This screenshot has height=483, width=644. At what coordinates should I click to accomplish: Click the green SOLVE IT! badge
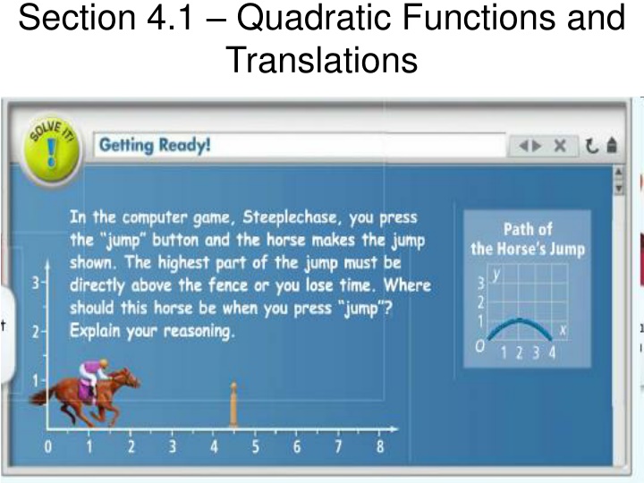pos(51,150)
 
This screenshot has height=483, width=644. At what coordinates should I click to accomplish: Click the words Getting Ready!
pos(155,146)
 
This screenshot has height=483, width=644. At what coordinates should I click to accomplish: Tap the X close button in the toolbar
pos(560,146)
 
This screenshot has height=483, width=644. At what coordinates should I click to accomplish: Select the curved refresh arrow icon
pos(591,146)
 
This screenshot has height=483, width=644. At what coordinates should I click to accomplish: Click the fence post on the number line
pos(233,404)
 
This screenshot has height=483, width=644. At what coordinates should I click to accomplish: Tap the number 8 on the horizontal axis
pos(380,446)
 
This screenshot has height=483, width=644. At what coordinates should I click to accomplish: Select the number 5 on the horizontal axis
pos(255,446)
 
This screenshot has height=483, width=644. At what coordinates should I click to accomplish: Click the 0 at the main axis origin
pos(48,446)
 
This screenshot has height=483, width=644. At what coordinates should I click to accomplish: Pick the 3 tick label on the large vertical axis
pos(36,283)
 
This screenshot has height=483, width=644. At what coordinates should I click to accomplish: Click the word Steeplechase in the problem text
pos(289,217)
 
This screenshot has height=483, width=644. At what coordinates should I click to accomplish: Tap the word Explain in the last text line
pos(95,331)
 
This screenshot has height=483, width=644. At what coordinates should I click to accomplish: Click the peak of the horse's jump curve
pos(520,320)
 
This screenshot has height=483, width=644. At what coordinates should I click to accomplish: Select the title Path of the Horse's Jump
pos(528,239)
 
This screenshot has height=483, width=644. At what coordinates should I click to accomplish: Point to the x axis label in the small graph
pos(563,329)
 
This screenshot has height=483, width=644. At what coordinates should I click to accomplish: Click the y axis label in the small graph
pos(496,274)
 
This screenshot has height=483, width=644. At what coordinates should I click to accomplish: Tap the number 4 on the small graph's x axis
pos(552,352)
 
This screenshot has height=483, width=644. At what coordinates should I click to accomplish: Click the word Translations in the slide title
pos(322,60)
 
